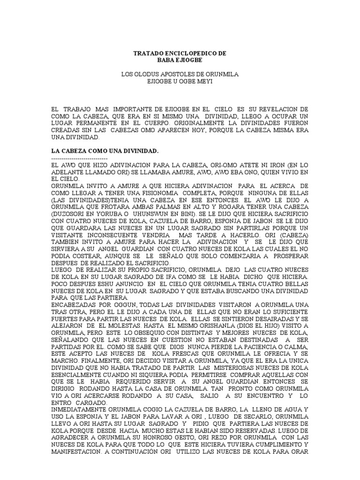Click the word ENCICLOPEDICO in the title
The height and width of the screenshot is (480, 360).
pos(180,53)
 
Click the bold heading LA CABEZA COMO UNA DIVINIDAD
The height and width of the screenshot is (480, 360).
pos(104,151)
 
